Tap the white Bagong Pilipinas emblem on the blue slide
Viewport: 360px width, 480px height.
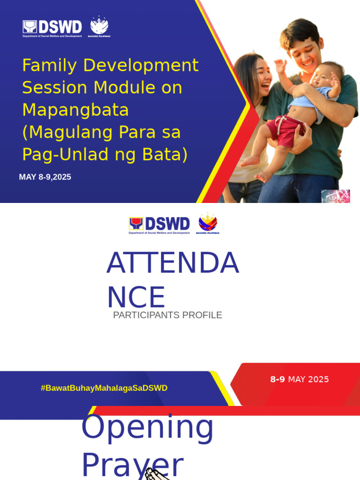pyautogui.click(x=99, y=27)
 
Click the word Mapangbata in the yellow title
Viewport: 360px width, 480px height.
pyautogui.click(x=75, y=110)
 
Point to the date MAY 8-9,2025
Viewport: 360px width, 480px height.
pyautogui.click(x=45, y=177)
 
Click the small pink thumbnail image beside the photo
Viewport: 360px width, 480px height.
pyautogui.click(x=336, y=196)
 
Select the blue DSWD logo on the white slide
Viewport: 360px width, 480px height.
pyautogui.click(x=159, y=225)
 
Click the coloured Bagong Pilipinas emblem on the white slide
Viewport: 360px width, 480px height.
pyautogui.click(x=208, y=224)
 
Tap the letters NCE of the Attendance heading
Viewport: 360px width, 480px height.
pyautogui.click(x=136, y=297)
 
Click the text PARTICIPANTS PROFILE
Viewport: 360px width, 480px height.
pyautogui.click(x=167, y=315)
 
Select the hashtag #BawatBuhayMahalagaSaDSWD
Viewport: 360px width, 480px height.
pyautogui.click(x=104, y=388)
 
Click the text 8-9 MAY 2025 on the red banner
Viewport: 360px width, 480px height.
pyautogui.click(x=300, y=379)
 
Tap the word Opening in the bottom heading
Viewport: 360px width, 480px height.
pyautogui.click(x=147, y=427)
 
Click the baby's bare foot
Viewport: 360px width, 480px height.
pyautogui.click(x=251, y=162)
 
